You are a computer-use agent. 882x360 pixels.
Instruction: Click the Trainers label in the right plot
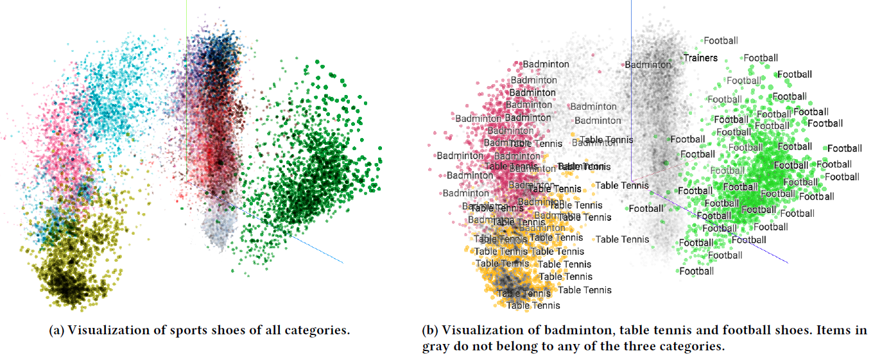pyautogui.click(x=700, y=58)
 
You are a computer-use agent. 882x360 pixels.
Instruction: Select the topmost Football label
pyautogui.click(x=721, y=40)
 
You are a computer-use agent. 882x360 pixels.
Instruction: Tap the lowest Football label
pyautogui.click(x=696, y=271)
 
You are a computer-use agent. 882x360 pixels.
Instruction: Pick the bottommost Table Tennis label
pyautogui.click(x=533, y=305)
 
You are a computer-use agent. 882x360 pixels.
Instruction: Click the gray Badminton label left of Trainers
pyautogui.click(x=648, y=64)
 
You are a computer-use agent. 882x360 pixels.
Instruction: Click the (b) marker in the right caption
pyautogui.click(x=429, y=331)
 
